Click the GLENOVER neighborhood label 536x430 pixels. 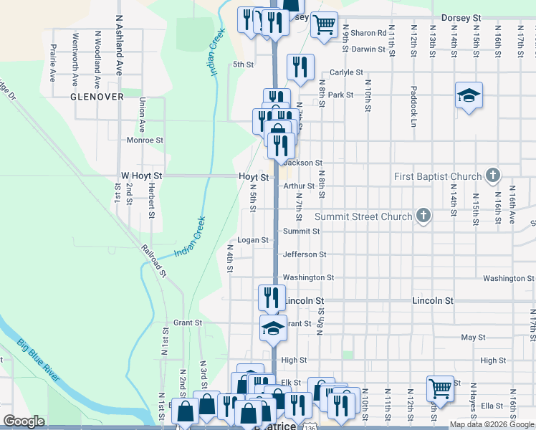(x=97, y=96)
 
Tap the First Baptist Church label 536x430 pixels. (x=438, y=176)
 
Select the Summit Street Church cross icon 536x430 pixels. (x=423, y=216)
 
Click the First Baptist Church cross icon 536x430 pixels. (x=492, y=175)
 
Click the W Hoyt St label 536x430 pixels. (x=142, y=175)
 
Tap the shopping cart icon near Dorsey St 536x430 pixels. (x=325, y=24)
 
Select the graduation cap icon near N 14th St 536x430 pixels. (x=469, y=95)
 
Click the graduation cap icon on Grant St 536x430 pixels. (x=273, y=328)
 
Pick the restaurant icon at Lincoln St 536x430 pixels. (x=272, y=296)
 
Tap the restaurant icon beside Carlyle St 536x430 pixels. (x=301, y=67)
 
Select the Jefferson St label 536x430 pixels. (x=305, y=254)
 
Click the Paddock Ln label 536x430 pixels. (x=413, y=106)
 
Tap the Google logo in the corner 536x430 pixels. (x=24, y=421)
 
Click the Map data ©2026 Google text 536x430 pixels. (x=492, y=425)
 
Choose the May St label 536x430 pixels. (x=473, y=337)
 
